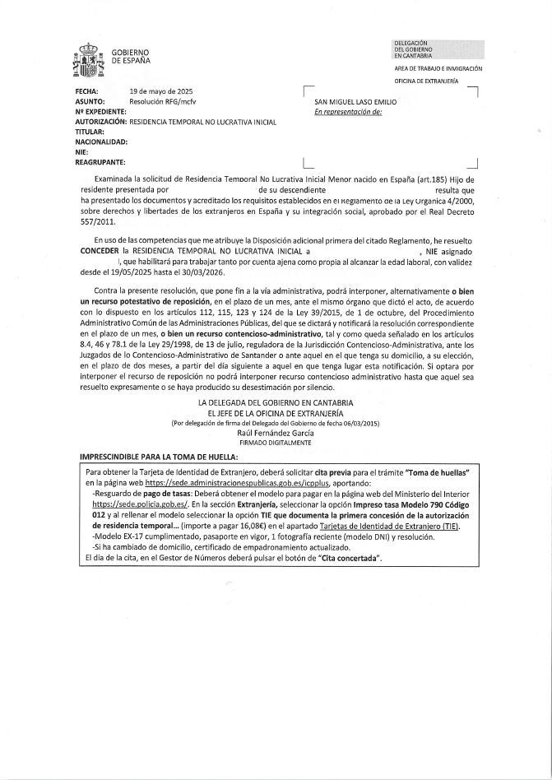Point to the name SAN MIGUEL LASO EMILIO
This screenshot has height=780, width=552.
(x=350, y=102)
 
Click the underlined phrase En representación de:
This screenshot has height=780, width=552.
(x=348, y=112)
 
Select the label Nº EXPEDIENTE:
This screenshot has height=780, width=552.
(x=100, y=111)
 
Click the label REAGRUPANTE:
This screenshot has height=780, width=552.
(x=100, y=161)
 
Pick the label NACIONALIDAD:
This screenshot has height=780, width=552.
(x=101, y=142)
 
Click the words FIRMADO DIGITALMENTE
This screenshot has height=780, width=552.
(x=276, y=443)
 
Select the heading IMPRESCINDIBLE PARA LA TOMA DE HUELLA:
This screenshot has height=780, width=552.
(x=159, y=456)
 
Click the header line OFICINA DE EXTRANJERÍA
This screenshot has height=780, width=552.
(x=427, y=81)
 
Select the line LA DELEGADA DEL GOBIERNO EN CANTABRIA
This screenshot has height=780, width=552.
(x=276, y=402)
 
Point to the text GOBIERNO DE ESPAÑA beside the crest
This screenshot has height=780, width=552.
(x=131, y=57)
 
